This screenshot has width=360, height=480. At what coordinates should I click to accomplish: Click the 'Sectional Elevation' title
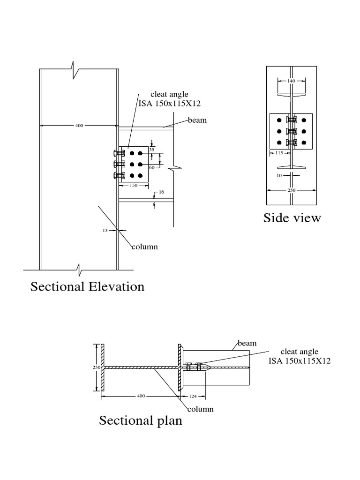tap(87, 286)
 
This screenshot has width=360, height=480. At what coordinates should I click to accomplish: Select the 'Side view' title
tap(292, 217)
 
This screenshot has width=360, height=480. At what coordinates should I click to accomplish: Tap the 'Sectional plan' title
tap(141, 420)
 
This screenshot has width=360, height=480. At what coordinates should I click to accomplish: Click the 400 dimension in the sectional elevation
tap(79, 126)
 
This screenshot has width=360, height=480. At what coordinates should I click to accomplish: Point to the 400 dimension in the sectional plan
tap(141, 396)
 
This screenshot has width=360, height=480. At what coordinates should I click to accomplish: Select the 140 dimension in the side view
tap(292, 81)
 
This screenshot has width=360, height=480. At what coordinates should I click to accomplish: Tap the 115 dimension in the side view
tap(279, 152)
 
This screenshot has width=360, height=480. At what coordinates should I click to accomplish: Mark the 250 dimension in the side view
tap(292, 190)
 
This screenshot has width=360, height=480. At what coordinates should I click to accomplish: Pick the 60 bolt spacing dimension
tap(151, 167)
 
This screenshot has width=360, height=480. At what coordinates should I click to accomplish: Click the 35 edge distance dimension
tap(151, 150)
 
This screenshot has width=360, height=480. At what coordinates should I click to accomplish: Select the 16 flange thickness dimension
tap(162, 192)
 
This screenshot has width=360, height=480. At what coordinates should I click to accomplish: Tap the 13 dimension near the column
tap(105, 230)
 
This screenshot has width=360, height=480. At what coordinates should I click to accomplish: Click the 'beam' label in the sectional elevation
tap(197, 120)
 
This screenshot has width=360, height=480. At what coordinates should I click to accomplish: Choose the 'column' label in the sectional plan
tap(201, 409)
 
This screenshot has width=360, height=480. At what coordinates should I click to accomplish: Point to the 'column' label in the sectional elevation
tap(144, 247)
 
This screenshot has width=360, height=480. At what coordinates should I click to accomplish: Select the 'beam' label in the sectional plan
tap(247, 343)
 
